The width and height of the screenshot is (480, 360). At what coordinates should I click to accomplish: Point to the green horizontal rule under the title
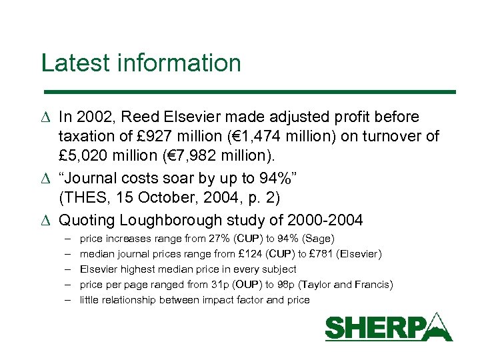click(249, 91)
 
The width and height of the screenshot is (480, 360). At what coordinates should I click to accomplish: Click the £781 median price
click(320, 254)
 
